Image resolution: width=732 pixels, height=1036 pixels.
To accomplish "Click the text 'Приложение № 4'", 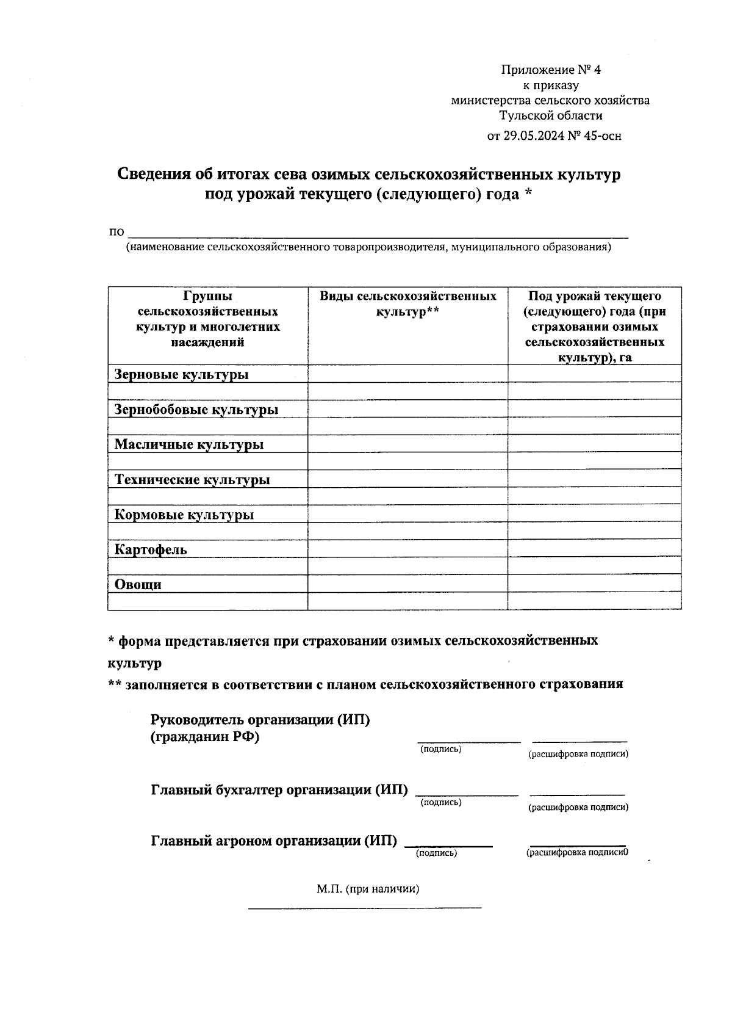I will click(550, 70).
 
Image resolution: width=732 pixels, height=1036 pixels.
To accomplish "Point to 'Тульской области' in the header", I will click(550, 115).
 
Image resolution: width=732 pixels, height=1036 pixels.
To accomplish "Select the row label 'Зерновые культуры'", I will click(181, 374).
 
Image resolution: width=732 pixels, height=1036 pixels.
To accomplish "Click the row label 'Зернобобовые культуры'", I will click(196, 409).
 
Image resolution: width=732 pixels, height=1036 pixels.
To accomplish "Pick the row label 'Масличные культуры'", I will click(188, 444).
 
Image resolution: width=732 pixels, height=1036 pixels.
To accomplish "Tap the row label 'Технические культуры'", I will click(192, 479).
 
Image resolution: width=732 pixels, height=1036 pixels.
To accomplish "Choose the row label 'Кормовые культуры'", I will click(184, 515).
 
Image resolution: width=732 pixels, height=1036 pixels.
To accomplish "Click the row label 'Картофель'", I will click(151, 549).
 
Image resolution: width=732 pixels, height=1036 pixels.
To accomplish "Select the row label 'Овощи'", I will click(138, 584).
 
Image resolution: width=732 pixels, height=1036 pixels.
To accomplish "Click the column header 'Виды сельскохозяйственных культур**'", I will click(407, 304).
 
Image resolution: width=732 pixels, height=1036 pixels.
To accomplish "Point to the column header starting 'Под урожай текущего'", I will click(594, 327).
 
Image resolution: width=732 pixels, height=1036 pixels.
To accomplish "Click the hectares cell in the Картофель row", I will click(594, 548).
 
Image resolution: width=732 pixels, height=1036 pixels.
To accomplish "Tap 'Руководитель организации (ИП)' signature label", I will click(260, 720).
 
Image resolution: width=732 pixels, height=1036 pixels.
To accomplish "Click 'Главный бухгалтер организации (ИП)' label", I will click(279, 790).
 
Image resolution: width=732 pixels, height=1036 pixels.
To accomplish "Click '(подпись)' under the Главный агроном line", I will click(436, 853).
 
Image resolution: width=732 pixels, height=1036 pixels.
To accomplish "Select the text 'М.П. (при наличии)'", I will click(367, 889).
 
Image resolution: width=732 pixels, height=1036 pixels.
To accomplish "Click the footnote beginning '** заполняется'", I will click(365, 684).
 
